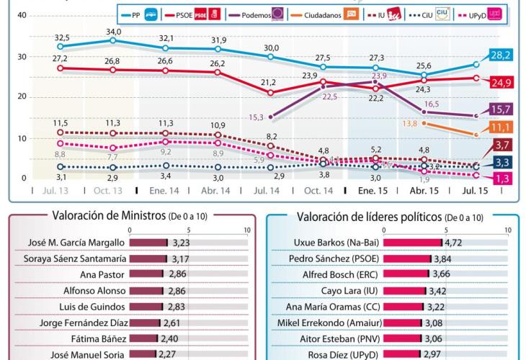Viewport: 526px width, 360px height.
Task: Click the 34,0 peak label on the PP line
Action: point(113,32)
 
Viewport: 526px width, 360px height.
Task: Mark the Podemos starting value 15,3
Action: point(257,117)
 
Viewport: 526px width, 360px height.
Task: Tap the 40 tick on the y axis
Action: point(22,15)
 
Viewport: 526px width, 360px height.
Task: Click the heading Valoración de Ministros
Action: point(109,215)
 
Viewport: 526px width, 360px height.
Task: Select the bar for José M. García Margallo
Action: point(148,243)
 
